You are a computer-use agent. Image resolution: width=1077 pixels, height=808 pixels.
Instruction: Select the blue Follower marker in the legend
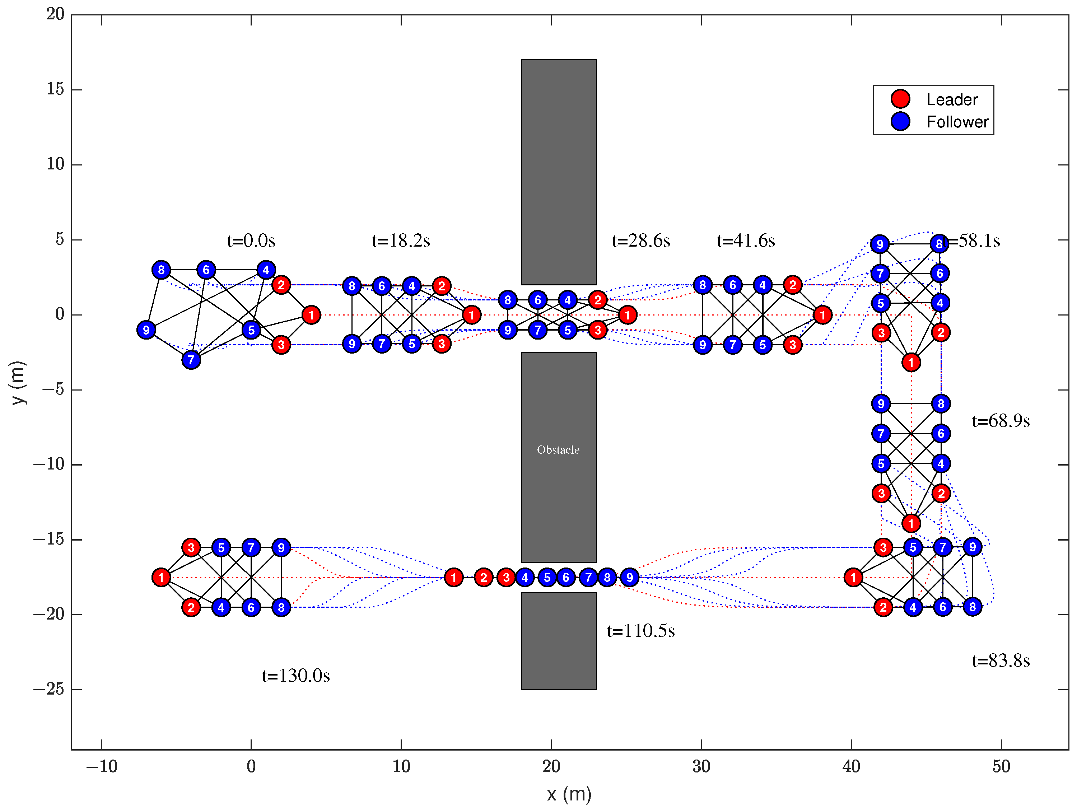(x=900, y=121)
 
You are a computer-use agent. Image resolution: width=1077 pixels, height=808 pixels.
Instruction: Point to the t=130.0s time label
(x=295, y=676)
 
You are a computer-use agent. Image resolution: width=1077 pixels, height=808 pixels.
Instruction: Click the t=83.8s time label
(x=1001, y=661)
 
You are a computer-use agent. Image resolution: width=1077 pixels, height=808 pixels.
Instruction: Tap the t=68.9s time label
(x=1001, y=421)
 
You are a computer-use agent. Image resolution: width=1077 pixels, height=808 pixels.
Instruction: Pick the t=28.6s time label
(x=641, y=240)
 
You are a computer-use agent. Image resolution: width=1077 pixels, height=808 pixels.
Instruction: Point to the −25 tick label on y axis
(x=49, y=689)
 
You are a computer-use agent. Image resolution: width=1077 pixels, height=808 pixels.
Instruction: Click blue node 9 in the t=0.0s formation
(x=146, y=330)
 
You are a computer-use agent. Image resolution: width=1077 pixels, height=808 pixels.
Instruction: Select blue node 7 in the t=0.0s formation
(x=191, y=360)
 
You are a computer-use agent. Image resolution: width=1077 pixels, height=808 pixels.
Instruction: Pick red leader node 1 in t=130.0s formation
(x=161, y=577)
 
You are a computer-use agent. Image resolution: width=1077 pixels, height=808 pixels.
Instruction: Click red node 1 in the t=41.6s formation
(x=822, y=315)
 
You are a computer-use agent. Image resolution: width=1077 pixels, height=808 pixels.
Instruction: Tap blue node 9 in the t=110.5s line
(x=630, y=577)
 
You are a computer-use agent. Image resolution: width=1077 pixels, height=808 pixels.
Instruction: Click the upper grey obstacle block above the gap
(x=559, y=171)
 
